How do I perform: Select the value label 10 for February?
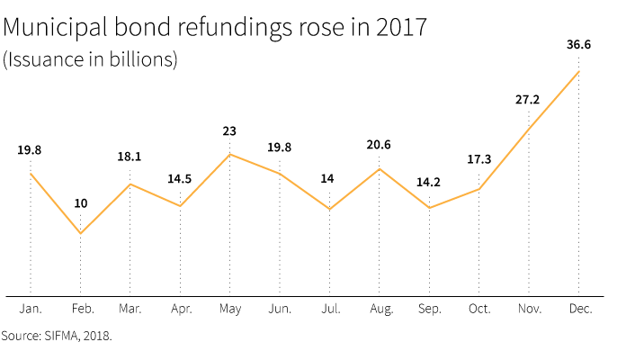[81, 203]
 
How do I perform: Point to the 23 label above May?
[229, 131]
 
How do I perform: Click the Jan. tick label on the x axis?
[31, 309]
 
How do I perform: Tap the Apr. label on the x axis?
[180, 309]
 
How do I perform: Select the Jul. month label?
[329, 309]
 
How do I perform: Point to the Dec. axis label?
[578, 309]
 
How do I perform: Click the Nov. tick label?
[528, 309]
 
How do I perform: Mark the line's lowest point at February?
[81, 234]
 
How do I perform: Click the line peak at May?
[229, 154]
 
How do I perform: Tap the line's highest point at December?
[577, 71]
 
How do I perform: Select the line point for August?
[379, 168]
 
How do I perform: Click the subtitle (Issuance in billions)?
[90, 60]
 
